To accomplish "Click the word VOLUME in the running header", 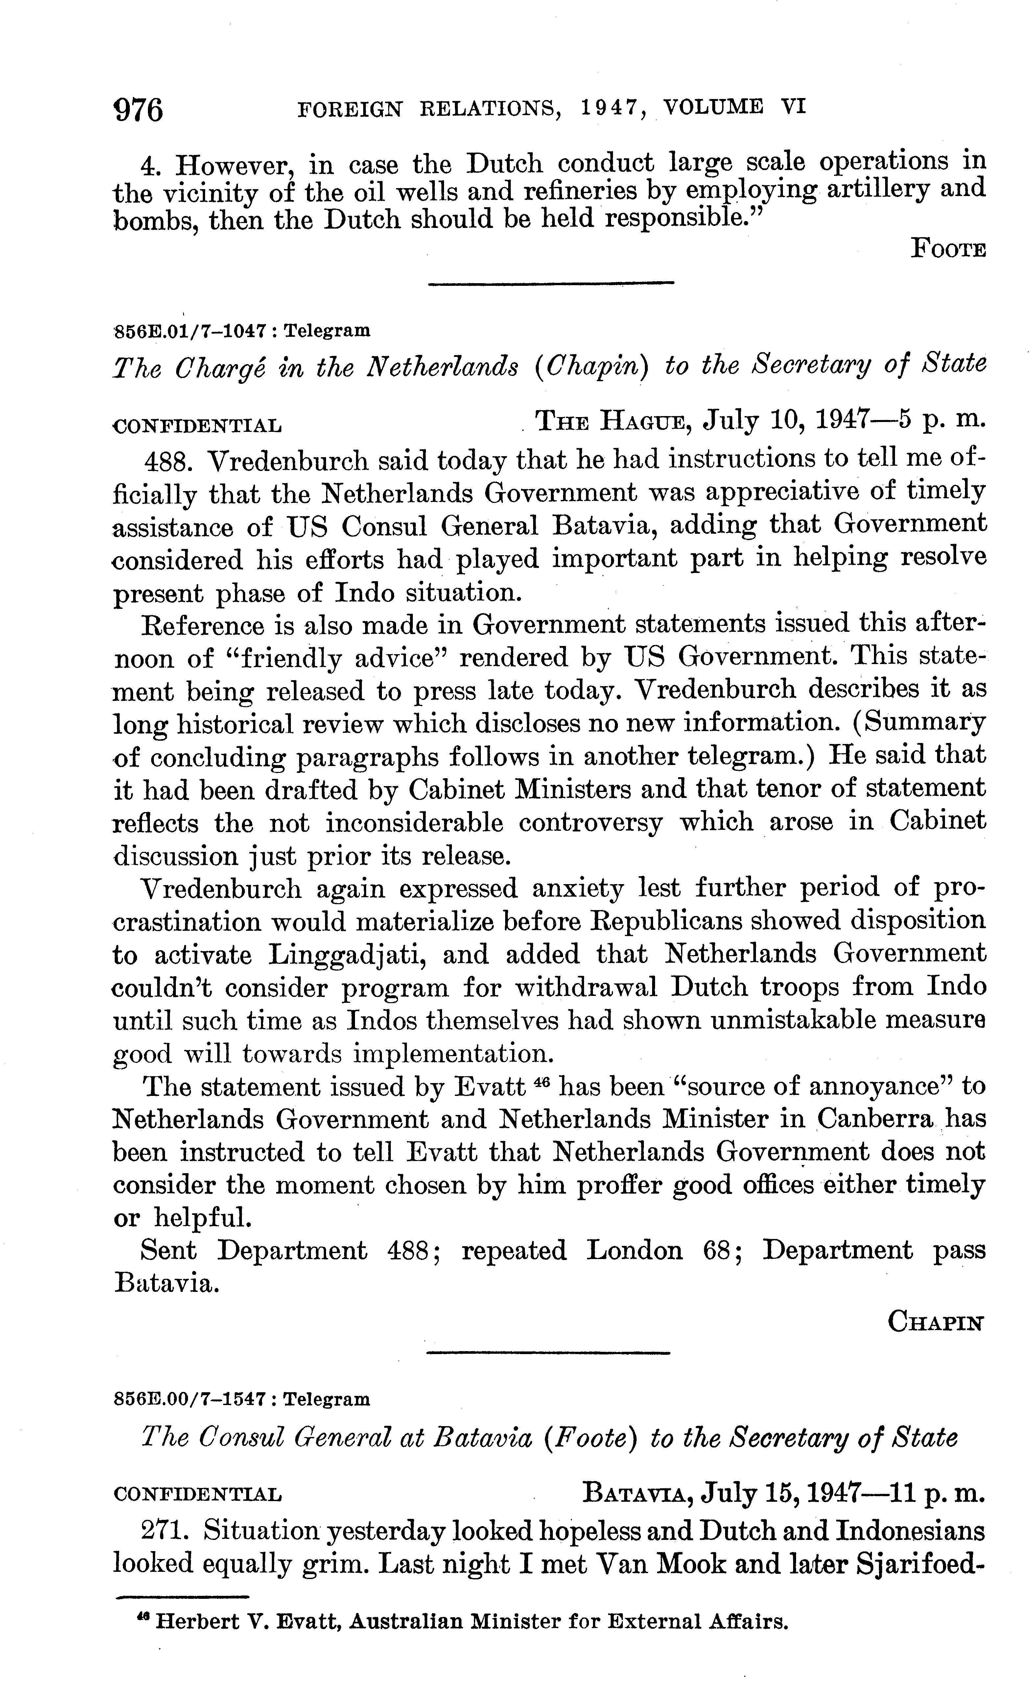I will [713, 107].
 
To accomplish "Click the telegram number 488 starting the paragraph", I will [166, 460].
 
